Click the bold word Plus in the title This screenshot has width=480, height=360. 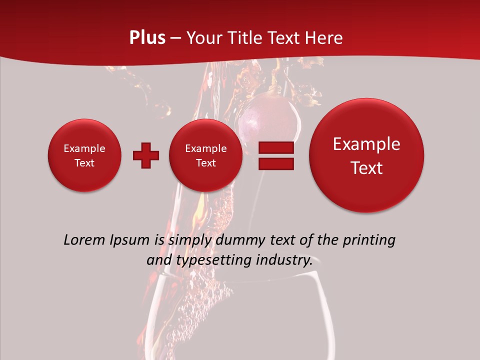point(147,38)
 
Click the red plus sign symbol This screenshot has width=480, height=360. point(146,155)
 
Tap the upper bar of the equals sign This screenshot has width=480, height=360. point(275,147)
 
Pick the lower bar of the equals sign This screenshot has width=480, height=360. point(275,164)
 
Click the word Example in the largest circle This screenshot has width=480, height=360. point(366,144)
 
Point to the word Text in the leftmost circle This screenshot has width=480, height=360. point(84,163)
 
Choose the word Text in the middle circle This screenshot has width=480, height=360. point(206,163)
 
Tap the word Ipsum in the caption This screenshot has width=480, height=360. point(129,240)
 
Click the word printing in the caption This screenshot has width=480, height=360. point(369,240)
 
